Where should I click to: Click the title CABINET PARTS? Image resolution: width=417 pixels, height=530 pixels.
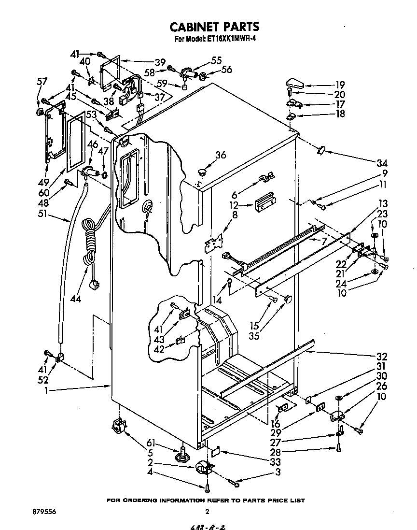[x=209, y=26]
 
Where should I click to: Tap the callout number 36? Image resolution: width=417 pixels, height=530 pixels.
[x=221, y=155]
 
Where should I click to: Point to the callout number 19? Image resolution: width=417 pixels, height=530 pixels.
[x=340, y=83]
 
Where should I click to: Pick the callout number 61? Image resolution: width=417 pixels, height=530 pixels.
[x=152, y=442]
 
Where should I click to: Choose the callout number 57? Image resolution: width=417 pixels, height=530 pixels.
[x=42, y=81]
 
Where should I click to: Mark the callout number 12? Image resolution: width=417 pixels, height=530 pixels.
[x=236, y=205]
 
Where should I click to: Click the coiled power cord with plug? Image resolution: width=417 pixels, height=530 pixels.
[x=89, y=246]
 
